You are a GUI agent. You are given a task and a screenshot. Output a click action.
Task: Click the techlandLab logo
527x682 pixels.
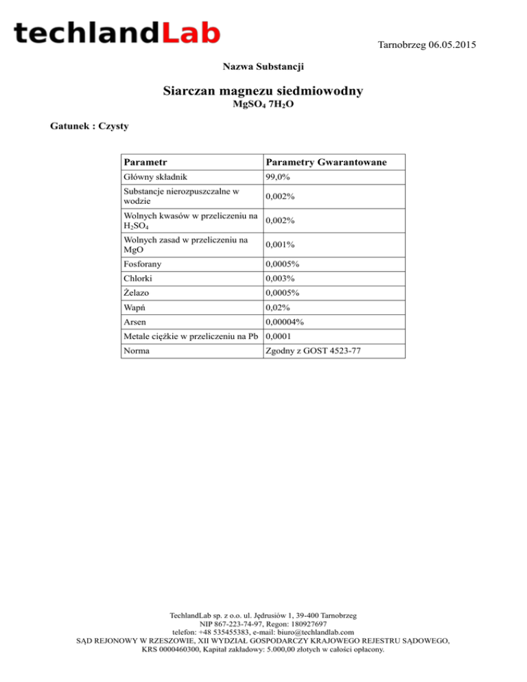117,34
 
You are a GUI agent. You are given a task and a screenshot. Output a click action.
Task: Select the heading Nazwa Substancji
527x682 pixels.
263,67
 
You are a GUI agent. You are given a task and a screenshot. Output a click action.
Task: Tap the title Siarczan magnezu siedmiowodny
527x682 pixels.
263,91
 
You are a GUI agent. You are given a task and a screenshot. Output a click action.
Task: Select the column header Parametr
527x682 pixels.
145,163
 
